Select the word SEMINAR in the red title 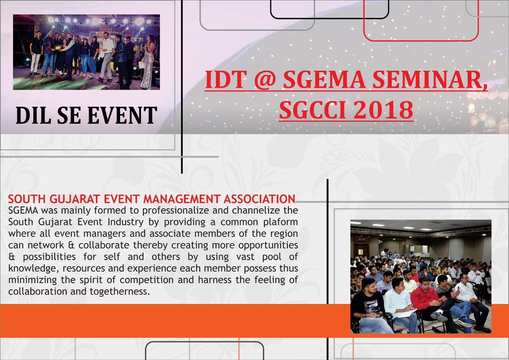(429, 80)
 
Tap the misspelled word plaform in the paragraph (281, 222)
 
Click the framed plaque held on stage (58, 48)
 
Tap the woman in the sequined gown (147, 62)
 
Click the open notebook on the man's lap (406, 314)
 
